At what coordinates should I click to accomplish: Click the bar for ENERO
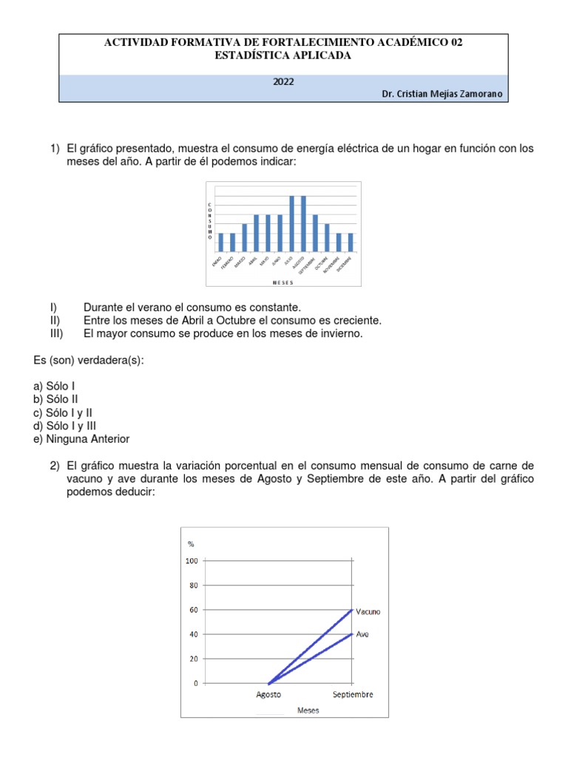click(x=220, y=242)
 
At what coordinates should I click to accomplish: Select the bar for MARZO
click(x=244, y=237)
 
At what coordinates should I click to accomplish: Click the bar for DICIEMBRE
click(x=351, y=242)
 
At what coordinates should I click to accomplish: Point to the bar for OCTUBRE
click(x=327, y=237)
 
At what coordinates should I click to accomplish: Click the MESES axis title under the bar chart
click(x=283, y=282)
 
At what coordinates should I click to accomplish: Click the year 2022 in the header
click(x=283, y=82)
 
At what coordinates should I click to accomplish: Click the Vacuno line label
click(x=368, y=611)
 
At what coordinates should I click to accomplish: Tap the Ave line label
click(x=362, y=634)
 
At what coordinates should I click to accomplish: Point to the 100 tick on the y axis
click(x=191, y=561)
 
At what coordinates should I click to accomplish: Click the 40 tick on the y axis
click(x=193, y=634)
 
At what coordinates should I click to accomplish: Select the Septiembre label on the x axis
click(x=353, y=695)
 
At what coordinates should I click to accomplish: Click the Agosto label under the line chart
click(x=268, y=695)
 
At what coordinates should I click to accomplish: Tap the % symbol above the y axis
click(x=190, y=543)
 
